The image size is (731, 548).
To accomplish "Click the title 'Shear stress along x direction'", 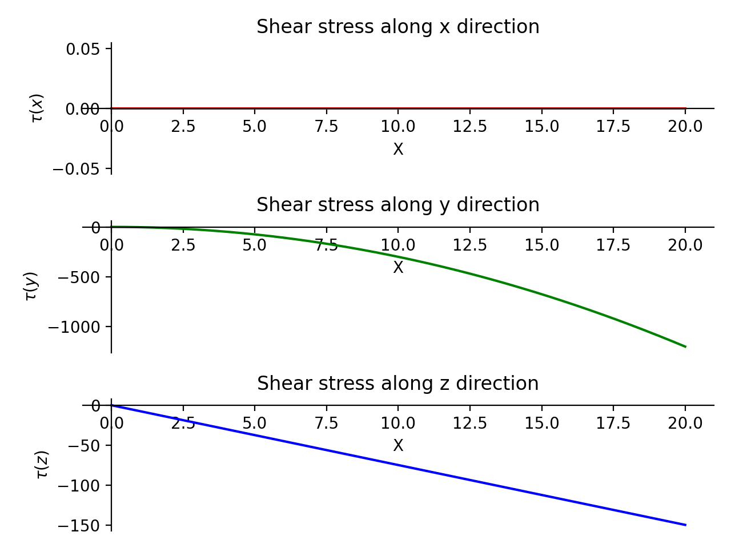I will click(x=397, y=27).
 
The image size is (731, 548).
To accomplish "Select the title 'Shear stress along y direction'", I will click(x=397, y=205).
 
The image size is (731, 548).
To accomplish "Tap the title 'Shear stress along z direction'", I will click(x=397, y=383).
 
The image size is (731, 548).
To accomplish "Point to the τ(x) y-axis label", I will click(x=37, y=108).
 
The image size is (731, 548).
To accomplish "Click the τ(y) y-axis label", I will click(x=31, y=286).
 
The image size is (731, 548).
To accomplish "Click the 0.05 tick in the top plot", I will click(x=83, y=49).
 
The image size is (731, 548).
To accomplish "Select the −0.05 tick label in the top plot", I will click(x=77, y=169).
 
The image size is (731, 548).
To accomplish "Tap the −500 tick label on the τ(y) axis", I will click(x=79, y=277).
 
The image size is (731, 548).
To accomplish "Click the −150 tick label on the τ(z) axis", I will click(x=79, y=525).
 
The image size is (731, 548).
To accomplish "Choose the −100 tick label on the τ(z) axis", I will click(x=79, y=486).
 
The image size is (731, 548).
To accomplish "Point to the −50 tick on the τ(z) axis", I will click(x=84, y=446).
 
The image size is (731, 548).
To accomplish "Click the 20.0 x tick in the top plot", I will click(x=685, y=126).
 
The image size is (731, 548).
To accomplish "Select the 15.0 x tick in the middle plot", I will click(x=542, y=245).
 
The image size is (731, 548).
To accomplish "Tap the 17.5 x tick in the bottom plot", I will click(x=613, y=424).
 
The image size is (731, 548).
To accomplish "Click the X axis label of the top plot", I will click(x=398, y=150).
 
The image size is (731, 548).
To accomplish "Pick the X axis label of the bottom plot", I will click(x=398, y=446).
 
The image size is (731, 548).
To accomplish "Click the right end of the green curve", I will click(x=685, y=346).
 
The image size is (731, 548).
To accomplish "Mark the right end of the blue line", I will click(x=685, y=525).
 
